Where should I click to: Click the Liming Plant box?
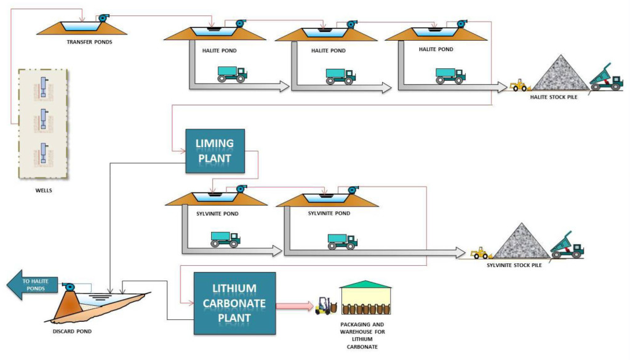click(x=215, y=151)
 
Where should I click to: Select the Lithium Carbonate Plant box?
click(x=234, y=303)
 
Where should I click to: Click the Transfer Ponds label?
click(x=89, y=42)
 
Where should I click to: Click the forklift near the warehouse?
click(x=324, y=305)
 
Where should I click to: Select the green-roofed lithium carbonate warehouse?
click(x=365, y=299)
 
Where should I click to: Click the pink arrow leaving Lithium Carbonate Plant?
click(x=294, y=305)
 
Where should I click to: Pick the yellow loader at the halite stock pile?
click(x=519, y=85)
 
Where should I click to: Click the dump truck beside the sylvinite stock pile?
click(x=566, y=246)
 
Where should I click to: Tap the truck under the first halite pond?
click(x=232, y=74)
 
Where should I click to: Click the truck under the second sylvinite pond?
click(x=342, y=241)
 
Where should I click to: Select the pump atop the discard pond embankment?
click(x=68, y=287)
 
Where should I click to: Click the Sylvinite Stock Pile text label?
click(x=514, y=266)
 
